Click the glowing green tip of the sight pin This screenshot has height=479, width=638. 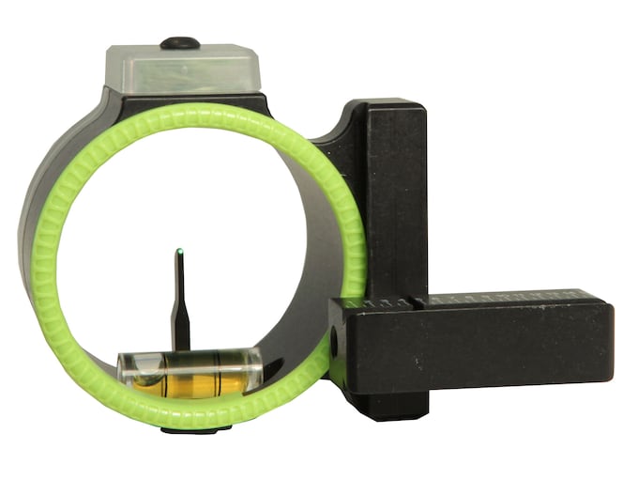coord(179,251)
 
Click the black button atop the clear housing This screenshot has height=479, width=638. coord(179,42)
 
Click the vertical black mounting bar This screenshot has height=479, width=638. coord(394,188)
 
